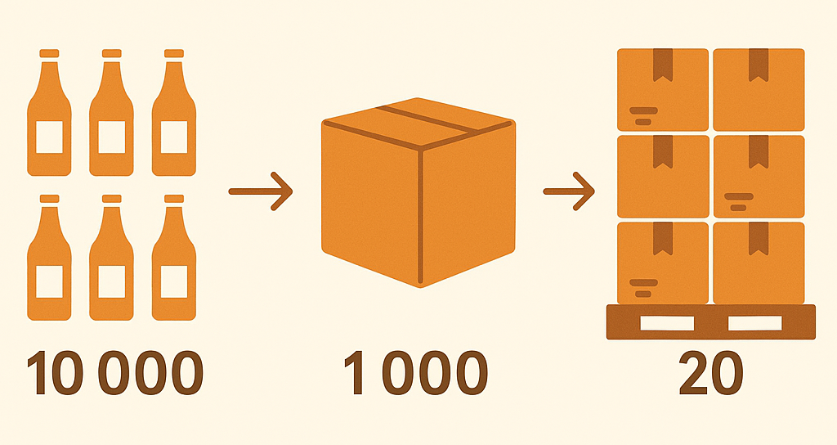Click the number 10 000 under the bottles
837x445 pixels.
coord(114,372)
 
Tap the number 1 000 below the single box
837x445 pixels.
coord(416,372)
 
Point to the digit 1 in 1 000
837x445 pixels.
coord(355,372)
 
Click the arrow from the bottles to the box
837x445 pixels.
coord(261,191)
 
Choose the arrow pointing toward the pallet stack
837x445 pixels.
coord(569,191)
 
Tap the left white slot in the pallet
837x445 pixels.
coord(667,323)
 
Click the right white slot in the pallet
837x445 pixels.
coord(754,323)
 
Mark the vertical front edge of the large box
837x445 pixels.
coord(421,216)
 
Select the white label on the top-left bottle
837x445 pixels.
coord(49,137)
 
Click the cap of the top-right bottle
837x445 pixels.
coord(174,53)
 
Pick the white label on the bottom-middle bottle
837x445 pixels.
coord(111,281)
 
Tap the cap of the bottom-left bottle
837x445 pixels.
coord(49,199)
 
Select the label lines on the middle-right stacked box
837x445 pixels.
coord(739,201)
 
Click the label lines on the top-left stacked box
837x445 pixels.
coord(643,116)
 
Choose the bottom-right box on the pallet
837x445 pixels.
coord(759,263)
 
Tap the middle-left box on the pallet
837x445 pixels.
coord(663,177)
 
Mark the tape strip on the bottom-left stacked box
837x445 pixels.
coord(663,239)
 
